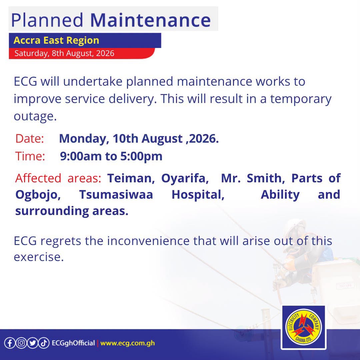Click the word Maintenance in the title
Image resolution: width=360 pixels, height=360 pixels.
[x=150, y=20]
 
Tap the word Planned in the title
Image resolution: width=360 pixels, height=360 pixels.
[x=47, y=20]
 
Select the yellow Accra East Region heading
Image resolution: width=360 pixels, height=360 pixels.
[x=56, y=40]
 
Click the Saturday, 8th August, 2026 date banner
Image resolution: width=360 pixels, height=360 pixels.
[x=64, y=53]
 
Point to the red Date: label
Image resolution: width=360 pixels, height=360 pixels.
[x=30, y=139]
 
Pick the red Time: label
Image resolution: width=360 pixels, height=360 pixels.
[x=30, y=156]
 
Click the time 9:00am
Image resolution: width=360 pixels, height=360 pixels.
[x=80, y=156]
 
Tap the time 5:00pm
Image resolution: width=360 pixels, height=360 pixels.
[x=141, y=156]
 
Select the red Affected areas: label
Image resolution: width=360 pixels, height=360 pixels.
[x=58, y=178]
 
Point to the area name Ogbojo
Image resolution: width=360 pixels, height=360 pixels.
[x=38, y=195]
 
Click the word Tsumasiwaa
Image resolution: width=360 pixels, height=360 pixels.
[x=116, y=195]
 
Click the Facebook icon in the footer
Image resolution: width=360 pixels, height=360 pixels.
[x=10, y=343]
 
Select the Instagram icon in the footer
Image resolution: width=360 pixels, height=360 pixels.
[x=21, y=343]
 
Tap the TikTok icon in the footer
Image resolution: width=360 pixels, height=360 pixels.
[x=44, y=343]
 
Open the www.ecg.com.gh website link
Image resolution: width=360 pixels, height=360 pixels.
[x=127, y=343]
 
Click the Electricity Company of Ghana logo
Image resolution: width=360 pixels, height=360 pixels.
[x=304, y=327]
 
